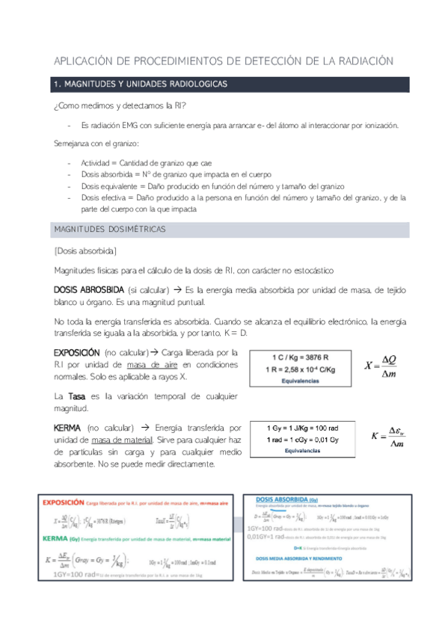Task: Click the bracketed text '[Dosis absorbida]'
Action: point(85,250)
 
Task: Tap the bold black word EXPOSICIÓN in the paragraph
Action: point(76,351)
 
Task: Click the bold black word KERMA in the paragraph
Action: point(68,427)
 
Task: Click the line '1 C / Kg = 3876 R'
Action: point(303,357)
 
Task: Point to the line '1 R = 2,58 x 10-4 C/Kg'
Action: point(303,369)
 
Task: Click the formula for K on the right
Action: point(388,438)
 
